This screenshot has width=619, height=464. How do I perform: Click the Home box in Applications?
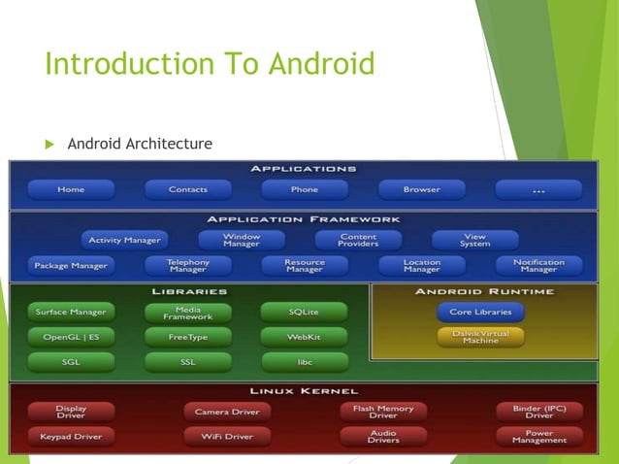click(x=71, y=189)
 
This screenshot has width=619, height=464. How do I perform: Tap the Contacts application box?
click(x=187, y=189)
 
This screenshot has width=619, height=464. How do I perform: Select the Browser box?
click(x=421, y=189)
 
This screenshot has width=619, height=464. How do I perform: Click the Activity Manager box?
click(x=124, y=240)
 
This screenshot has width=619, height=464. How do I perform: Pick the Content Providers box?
click(x=358, y=240)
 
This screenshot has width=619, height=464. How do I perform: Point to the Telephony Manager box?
click(x=187, y=265)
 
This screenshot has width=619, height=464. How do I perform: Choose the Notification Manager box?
click(x=538, y=265)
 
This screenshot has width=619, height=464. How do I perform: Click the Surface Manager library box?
click(x=71, y=313)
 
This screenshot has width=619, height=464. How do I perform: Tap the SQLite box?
click(x=304, y=313)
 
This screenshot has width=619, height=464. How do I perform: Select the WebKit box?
click(x=304, y=337)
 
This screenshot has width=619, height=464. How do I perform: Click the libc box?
click(x=304, y=361)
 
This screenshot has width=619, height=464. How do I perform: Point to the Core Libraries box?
click(x=480, y=313)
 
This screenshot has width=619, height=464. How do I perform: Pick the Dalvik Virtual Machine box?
click(x=480, y=337)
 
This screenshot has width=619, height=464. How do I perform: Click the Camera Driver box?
click(x=226, y=412)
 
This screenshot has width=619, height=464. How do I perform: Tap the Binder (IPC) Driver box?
click(x=538, y=412)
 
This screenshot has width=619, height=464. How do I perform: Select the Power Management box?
click(x=538, y=436)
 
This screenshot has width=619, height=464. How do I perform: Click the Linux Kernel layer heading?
click(x=304, y=391)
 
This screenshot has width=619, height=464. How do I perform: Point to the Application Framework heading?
click(x=304, y=219)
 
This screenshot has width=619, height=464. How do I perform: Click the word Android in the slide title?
click(x=321, y=66)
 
